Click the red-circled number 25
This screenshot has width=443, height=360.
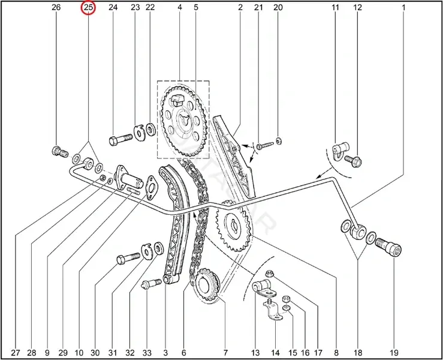click(89, 7)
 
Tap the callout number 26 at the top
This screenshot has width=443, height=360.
click(56, 7)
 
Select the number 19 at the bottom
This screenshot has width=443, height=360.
click(394, 353)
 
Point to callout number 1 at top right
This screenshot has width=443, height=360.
click(403, 7)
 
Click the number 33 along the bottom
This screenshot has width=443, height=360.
click(147, 353)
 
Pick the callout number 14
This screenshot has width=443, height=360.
click(276, 353)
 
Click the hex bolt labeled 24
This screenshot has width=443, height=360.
click(120, 139)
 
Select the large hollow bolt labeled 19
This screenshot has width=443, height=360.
click(388, 247)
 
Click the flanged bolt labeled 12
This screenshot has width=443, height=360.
click(353, 161)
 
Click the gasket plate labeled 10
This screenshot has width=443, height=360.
click(152, 188)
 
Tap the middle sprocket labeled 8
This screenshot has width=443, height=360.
click(233, 226)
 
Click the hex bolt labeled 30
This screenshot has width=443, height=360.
click(128, 258)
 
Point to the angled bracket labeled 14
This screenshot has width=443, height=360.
click(272, 311)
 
